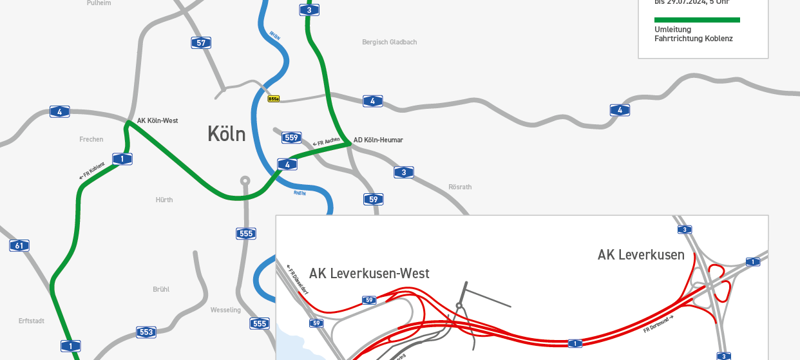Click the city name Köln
227,134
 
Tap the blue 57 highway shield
201,43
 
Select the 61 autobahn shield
19,245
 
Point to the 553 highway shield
146,332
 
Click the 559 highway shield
291,138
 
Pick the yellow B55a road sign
274,99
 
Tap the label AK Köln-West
157,120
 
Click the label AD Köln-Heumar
378,140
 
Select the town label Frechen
91,139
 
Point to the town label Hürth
164,200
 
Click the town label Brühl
161,289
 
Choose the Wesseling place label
225,310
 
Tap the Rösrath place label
460,187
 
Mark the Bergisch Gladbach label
390,42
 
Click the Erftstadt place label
32,320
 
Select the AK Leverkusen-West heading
369,273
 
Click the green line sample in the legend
697,20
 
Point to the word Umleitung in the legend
672,30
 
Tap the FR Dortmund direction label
658,324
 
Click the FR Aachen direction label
327,142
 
